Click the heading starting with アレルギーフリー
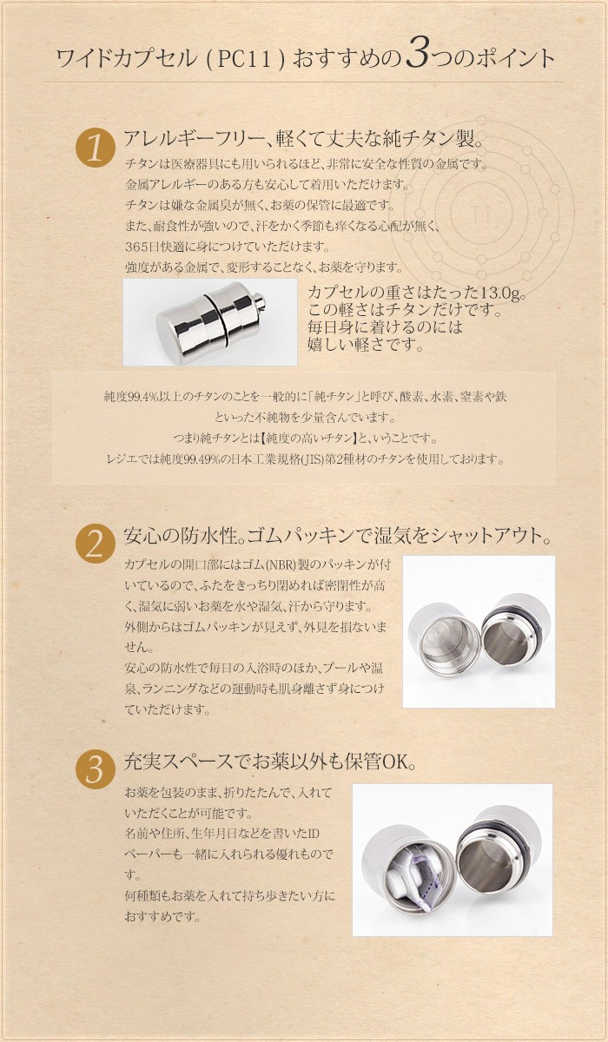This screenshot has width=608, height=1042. pyautogui.click(x=303, y=139)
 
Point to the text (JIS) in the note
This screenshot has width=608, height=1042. pyautogui.click(x=340, y=458)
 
